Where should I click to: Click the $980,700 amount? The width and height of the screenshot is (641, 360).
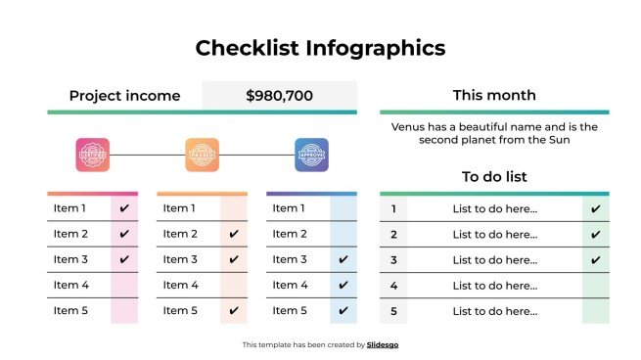point(279,96)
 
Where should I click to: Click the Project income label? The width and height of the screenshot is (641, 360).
point(124,96)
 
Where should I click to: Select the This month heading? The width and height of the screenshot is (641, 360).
point(494,95)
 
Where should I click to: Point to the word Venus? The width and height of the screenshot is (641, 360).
point(409,127)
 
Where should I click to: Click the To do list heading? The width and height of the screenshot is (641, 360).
point(494,177)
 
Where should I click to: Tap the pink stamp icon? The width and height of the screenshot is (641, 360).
point(93,155)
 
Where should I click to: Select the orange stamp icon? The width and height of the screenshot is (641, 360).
point(203,155)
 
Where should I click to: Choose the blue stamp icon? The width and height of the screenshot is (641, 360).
point(312,155)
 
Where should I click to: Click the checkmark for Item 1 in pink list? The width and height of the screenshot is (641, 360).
point(124,208)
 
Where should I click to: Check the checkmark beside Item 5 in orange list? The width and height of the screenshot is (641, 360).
point(234,311)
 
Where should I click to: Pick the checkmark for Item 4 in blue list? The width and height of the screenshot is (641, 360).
point(343,286)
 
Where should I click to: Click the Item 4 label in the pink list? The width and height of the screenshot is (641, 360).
point(70,286)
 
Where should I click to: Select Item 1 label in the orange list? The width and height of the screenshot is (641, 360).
point(180,208)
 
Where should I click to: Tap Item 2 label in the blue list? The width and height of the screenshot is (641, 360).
point(290,234)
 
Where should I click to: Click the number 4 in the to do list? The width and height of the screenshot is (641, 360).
point(393,286)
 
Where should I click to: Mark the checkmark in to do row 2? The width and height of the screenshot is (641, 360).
point(595,235)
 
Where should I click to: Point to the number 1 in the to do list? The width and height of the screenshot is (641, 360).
point(393,208)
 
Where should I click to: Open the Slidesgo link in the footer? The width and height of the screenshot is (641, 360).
point(383,345)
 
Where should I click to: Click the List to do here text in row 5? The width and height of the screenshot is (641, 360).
point(495,311)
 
